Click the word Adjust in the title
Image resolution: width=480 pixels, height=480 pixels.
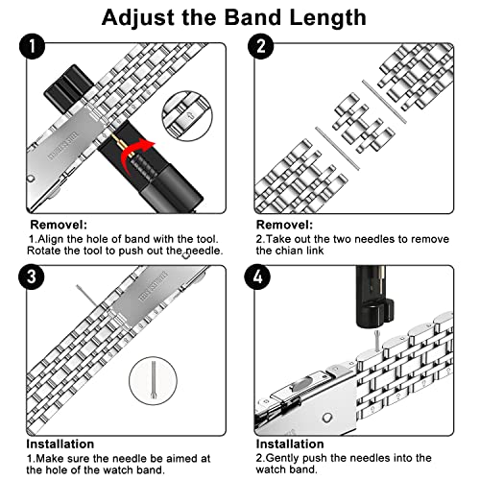[x=139, y=17]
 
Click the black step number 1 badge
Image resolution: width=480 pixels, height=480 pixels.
[x=33, y=46]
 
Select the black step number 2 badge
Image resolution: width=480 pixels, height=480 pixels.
[x=261, y=46]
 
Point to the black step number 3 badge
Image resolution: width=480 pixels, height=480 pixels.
[x=32, y=276]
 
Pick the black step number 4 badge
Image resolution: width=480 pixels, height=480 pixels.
[x=257, y=276]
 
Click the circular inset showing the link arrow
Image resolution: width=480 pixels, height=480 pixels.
[x=187, y=115]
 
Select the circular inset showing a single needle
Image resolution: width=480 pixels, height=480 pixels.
[x=153, y=381]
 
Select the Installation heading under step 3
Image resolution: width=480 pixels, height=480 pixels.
[x=60, y=444]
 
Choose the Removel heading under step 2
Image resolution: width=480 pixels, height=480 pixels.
[x=284, y=225]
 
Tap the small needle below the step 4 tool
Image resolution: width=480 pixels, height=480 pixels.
[x=377, y=341]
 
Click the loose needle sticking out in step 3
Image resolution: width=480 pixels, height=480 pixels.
[x=86, y=296]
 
